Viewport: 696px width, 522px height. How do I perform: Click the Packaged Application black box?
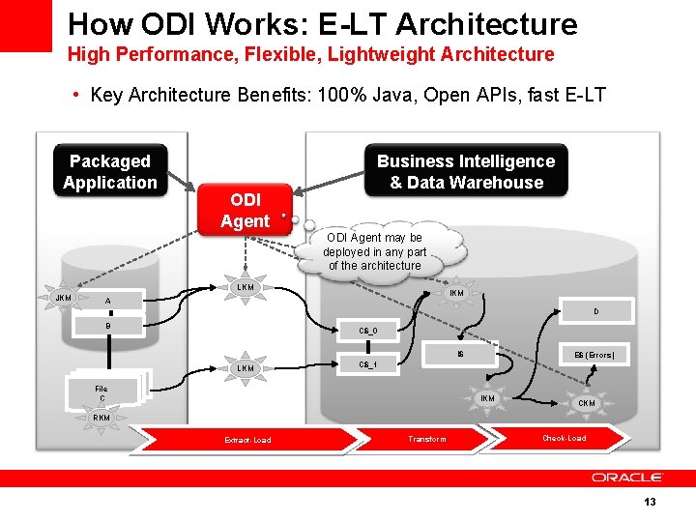(x=109, y=172)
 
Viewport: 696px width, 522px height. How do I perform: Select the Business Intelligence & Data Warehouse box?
(x=466, y=172)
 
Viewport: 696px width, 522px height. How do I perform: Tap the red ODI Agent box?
(x=245, y=211)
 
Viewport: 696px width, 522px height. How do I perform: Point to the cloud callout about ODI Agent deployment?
(x=375, y=251)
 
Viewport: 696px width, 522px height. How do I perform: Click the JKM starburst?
(x=64, y=297)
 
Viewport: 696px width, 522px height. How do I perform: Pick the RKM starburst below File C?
(x=101, y=418)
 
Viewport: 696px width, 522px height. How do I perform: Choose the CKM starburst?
(x=587, y=402)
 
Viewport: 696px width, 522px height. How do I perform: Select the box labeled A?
(x=108, y=301)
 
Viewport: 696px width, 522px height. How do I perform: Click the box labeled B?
(x=108, y=326)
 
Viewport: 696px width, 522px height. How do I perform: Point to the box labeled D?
(x=595, y=311)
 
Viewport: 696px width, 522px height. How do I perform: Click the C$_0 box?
(x=367, y=332)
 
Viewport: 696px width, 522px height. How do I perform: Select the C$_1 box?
(x=367, y=364)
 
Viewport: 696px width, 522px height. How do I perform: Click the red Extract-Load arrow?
(x=248, y=440)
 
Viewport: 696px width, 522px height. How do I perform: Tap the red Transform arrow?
(x=427, y=439)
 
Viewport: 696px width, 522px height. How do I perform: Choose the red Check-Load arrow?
(x=564, y=438)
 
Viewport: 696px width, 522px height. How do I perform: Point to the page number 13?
(x=650, y=502)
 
